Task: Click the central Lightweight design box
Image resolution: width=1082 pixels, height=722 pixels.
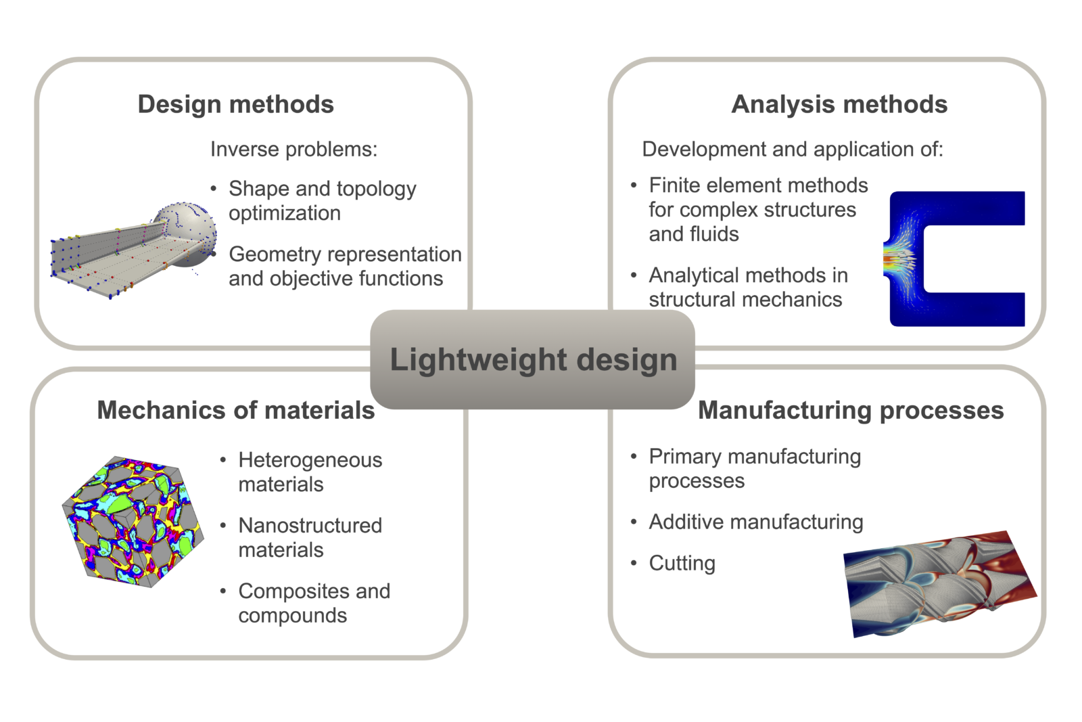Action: pyautogui.click(x=532, y=359)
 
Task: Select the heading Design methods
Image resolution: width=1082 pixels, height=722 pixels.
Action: pyautogui.click(x=236, y=104)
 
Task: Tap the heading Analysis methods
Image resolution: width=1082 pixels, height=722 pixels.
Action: pyautogui.click(x=839, y=104)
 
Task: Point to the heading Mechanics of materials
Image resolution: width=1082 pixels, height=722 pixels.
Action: pyautogui.click(x=236, y=410)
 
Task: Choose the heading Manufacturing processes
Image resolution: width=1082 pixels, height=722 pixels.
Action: pyautogui.click(x=851, y=410)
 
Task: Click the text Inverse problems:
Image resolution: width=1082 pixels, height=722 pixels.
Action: pyautogui.click(x=293, y=149)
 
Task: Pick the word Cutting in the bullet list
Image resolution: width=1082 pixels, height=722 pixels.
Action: pyautogui.click(x=682, y=563)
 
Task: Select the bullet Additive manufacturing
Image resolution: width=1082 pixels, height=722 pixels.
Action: pyautogui.click(x=756, y=522)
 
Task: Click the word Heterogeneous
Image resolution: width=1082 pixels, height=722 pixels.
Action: pyautogui.click(x=310, y=460)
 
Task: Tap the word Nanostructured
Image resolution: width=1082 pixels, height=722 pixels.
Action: pyautogui.click(x=310, y=525)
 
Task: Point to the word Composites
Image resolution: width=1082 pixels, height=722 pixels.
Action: pyautogui.click(x=294, y=591)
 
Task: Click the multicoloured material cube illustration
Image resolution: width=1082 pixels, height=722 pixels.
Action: pyautogui.click(x=133, y=522)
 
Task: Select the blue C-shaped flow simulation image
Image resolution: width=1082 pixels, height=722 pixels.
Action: pyautogui.click(x=954, y=258)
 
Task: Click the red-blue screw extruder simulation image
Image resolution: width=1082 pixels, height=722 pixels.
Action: pyautogui.click(x=939, y=584)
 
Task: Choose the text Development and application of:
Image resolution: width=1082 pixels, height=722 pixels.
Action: pyautogui.click(x=792, y=149)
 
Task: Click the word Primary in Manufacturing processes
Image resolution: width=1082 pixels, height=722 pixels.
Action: pyautogui.click(x=686, y=457)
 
